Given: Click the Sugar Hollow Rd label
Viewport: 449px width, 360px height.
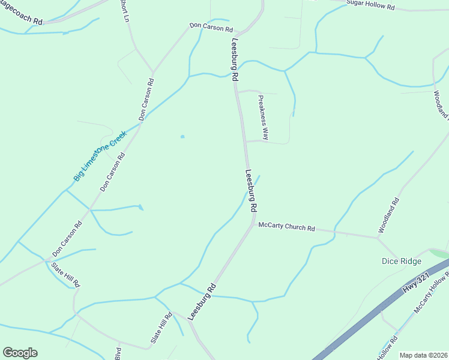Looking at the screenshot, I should click(x=370, y=6).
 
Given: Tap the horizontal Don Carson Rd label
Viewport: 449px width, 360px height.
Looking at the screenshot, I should click(x=211, y=28).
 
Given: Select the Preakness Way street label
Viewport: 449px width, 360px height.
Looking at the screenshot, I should click(x=263, y=118).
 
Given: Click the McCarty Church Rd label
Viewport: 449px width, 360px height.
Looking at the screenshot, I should click(x=286, y=227).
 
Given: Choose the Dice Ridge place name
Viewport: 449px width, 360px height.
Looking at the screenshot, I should click(x=401, y=261).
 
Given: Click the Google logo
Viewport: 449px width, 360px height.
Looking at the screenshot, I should click(x=20, y=353).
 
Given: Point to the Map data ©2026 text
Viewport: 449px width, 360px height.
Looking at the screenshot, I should click(x=424, y=355).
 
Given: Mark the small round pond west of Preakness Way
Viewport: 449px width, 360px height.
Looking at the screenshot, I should click(x=182, y=136).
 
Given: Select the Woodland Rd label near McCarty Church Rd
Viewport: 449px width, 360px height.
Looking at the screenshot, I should click(x=388, y=216).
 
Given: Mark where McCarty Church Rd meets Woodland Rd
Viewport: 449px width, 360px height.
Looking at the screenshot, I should click(x=378, y=238).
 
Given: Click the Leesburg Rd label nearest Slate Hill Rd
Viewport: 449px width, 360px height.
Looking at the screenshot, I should click(x=203, y=301).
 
